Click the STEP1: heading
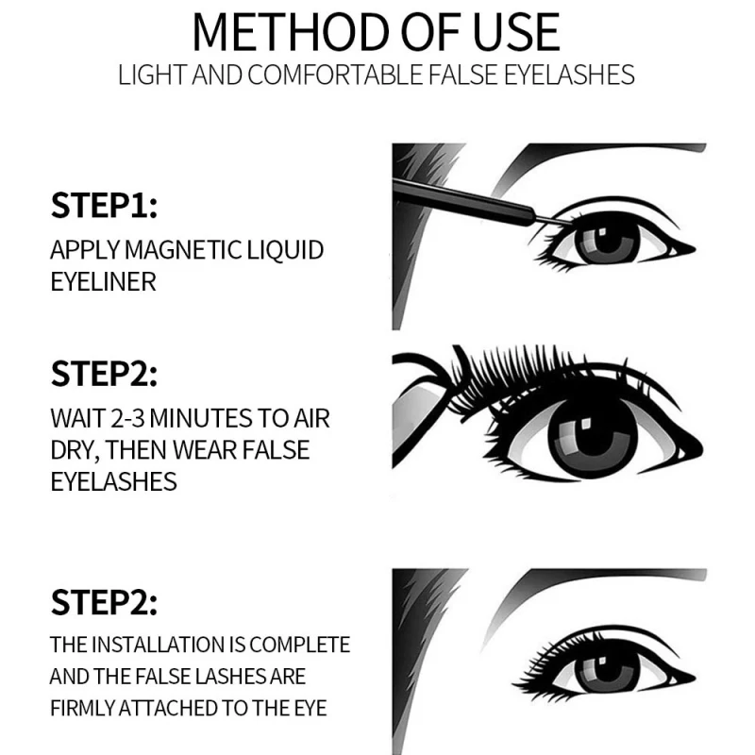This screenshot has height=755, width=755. pyautogui.click(x=104, y=206)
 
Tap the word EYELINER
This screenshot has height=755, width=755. pyautogui.click(x=103, y=281)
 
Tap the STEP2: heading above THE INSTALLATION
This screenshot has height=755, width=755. pyautogui.click(x=104, y=601)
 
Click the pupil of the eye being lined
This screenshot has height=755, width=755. pyautogui.click(x=603, y=240)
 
